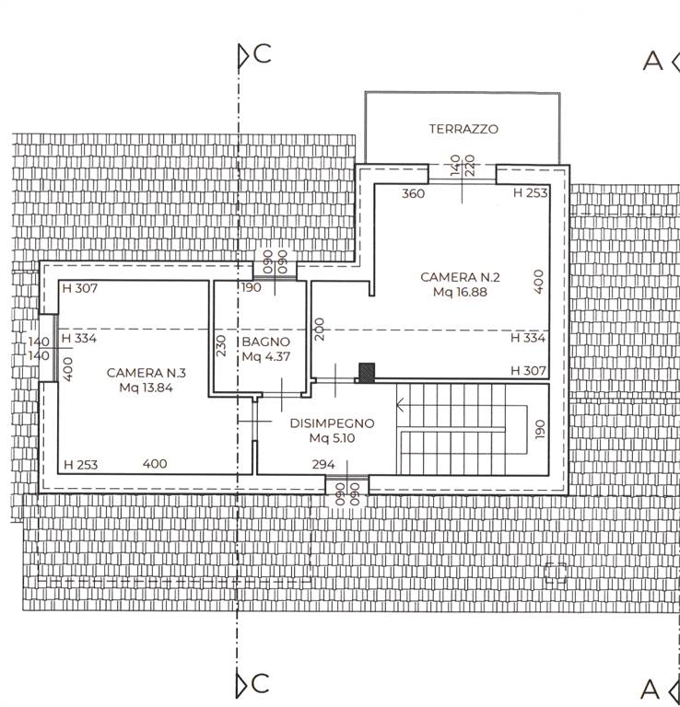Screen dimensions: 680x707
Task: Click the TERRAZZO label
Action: coord(463,129)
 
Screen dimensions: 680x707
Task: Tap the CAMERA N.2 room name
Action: coord(460,277)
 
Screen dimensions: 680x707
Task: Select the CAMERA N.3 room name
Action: coord(147,373)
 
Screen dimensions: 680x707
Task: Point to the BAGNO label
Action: coord(265,342)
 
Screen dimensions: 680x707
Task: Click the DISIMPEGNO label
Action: coord(332,423)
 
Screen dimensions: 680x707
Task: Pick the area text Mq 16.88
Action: coord(460,292)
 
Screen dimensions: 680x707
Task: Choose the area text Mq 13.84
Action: coord(147,388)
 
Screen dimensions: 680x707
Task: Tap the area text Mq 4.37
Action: coord(265,356)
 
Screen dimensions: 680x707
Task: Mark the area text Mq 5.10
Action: coord(332,438)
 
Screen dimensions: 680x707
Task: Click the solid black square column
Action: coord(367,374)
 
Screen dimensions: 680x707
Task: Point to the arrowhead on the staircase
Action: coord(400,405)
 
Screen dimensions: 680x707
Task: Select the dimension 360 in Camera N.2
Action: coord(414,193)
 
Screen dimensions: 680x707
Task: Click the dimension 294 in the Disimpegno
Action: coord(323,464)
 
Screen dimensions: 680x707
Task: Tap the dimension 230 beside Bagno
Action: coord(220,345)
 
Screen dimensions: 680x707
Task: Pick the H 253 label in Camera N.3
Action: coord(81,464)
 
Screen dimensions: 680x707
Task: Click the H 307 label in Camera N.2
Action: coord(528,371)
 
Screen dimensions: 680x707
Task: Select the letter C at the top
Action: coord(263,53)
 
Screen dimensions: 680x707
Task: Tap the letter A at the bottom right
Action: coord(651,689)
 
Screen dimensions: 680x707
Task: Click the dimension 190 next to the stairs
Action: coord(540,429)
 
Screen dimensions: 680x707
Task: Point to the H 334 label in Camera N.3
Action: coord(79,338)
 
